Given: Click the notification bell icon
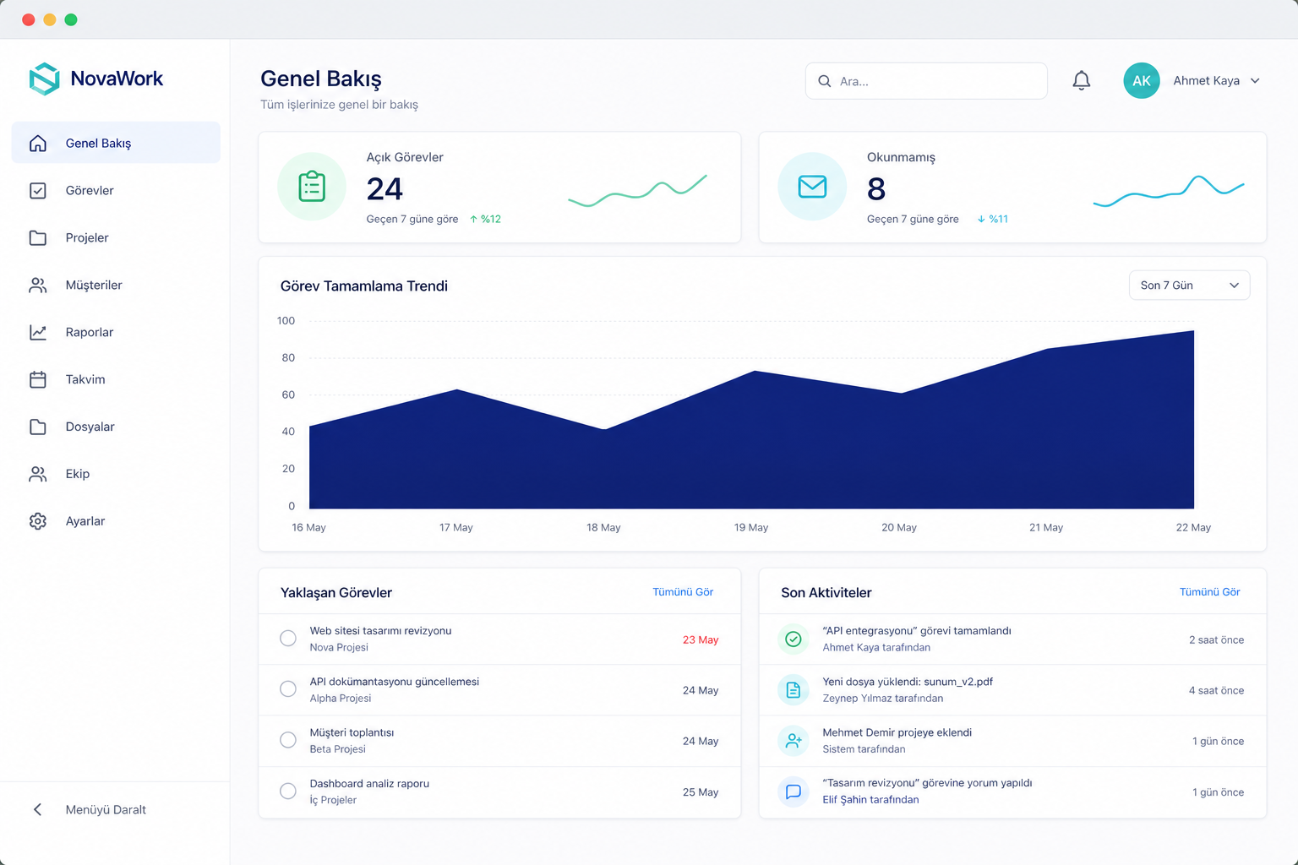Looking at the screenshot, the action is pos(1082,80).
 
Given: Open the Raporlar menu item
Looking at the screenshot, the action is pos(90,332).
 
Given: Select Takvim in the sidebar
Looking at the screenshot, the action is pos(85,379).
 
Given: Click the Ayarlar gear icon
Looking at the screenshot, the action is pos(38,521).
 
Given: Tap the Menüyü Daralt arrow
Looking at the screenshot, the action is pos(38,809).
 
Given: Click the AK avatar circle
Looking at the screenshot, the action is pos(1141,80).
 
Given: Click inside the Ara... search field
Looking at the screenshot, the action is pos(926,81).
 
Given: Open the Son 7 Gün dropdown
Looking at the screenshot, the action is pos(1189,285).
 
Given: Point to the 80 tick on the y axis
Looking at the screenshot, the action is pos(288,357).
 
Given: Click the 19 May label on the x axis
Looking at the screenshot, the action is pos(751,527).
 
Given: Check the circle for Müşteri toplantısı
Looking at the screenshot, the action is pos(288,740).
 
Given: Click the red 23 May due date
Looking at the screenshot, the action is pos(700,639).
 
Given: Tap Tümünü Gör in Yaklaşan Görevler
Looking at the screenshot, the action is pos(683,591).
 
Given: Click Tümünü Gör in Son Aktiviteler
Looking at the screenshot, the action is pos(1209,591).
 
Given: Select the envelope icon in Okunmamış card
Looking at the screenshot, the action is pos(812,187).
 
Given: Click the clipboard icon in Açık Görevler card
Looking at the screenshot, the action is pos(312,187).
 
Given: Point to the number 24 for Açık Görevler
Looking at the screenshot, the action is pos(384,189).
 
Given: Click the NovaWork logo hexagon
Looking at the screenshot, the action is pos(45,79).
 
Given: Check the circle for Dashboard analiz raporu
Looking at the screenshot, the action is pos(288,791).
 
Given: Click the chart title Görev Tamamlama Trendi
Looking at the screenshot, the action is pos(364,286).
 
